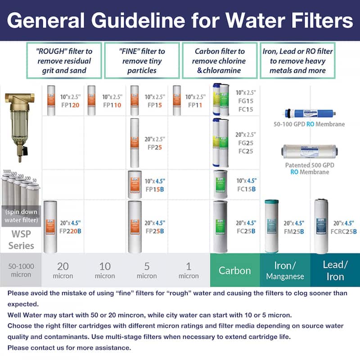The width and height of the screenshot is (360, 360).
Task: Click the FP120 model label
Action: [x=71, y=105]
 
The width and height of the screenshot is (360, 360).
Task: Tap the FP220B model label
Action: [x=72, y=231]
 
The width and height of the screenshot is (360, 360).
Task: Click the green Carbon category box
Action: [x=234, y=270]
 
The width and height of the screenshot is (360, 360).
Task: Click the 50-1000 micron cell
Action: [x=21, y=270]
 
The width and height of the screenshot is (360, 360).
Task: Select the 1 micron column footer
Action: [x=189, y=270]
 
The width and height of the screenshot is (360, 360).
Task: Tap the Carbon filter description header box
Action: [x=220, y=61]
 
